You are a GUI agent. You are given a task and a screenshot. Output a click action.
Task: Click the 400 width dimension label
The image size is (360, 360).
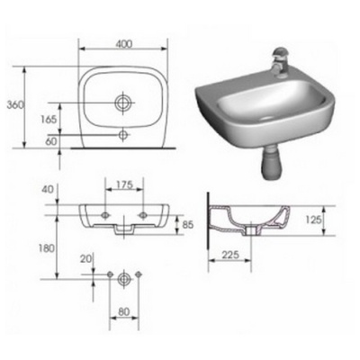[123, 44]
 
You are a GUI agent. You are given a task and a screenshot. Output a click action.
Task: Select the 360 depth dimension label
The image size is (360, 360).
[15, 104]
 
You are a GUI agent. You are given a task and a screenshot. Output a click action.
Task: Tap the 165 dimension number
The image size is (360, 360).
[49, 120]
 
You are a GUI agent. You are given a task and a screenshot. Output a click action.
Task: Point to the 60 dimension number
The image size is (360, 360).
[51, 141]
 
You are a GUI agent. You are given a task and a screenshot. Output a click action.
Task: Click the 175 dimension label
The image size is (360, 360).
[124, 185]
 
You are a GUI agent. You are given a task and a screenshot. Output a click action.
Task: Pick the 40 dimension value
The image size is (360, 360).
[48, 190]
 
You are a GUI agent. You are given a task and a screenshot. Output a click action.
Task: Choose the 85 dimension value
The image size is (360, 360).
[188, 224]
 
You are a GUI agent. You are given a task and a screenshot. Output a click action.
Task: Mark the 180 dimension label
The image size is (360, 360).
[47, 248]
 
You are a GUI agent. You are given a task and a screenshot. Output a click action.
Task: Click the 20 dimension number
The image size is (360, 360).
[85, 259]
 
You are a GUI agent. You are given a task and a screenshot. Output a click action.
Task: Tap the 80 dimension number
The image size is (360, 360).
[123, 312]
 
